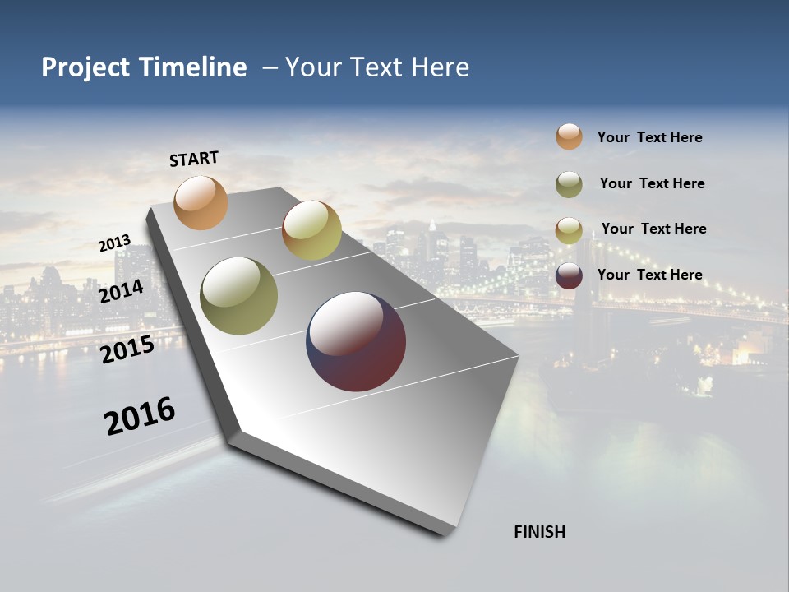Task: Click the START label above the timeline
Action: coord(194,159)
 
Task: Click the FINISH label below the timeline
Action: coord(540,532)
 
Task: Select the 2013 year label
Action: coord(115,243)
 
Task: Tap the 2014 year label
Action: coord(121,292)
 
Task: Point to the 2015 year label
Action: coord(127,349)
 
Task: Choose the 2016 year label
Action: coord(140,416)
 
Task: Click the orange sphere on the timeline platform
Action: coord(201,202)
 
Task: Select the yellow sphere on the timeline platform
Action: coord(311,230)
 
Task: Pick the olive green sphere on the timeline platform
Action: coord(238,296)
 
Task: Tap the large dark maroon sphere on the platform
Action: coord(356,341)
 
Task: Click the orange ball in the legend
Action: coord(569,136)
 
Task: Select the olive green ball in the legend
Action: coord(569,184)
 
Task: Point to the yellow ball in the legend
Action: coord(569,230)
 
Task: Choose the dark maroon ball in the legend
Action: coord(569,275)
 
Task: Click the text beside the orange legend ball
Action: coord(649,138)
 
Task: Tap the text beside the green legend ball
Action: coord(652,183)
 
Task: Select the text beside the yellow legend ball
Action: coord(653,229)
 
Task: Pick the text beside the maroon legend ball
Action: coord(649,275)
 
